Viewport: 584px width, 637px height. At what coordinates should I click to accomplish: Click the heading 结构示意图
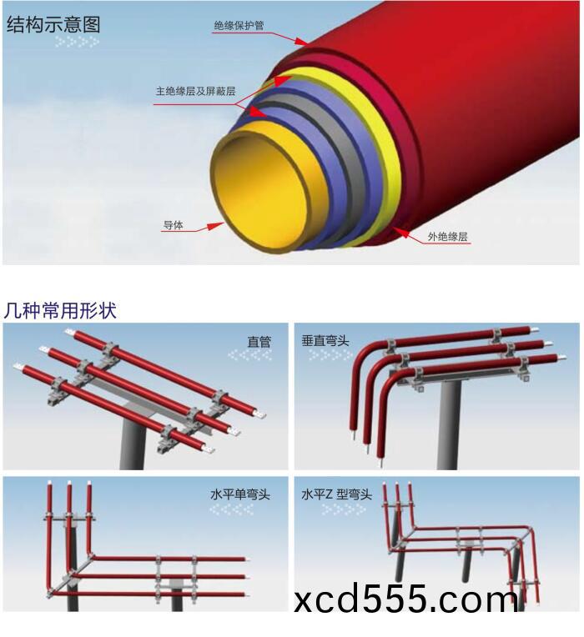coord(53,24)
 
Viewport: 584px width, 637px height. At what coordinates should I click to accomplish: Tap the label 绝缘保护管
coord(239,26)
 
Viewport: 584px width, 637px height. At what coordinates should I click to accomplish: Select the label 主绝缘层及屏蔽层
coord(195,91)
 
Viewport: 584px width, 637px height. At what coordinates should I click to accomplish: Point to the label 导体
coord(173,225)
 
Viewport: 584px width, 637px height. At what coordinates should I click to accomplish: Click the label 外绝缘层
coord(448,237)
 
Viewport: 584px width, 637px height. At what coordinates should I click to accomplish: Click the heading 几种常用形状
coord(60,311)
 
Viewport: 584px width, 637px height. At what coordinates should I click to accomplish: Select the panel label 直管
coord(259,341)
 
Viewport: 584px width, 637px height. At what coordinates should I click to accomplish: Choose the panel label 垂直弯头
coord(325,341)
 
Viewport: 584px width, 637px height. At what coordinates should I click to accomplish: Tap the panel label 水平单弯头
coord(240,494)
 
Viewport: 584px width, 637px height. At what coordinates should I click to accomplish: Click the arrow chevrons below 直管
coord(249,355)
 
